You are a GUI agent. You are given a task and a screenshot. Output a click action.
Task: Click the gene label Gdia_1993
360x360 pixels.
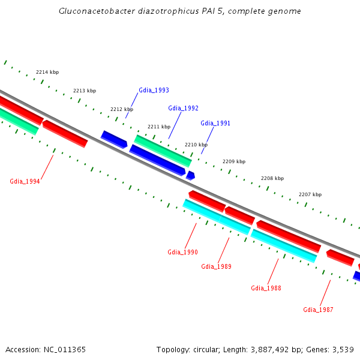click(154, 90)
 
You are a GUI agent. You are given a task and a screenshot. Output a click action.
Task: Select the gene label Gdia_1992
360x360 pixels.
click(183, 108)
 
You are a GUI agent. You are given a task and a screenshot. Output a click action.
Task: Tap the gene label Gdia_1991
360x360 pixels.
click(215, 123)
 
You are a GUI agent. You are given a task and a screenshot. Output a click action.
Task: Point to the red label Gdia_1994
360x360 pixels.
click(25, 181)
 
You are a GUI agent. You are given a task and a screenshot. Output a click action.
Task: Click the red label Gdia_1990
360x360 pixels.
click(182, 252)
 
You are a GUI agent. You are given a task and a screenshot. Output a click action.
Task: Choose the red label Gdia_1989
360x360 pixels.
click(216, 266)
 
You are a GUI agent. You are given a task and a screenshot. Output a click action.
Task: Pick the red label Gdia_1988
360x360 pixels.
click(266, 288)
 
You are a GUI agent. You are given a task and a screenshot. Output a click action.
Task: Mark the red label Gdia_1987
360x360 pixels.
click(318, 310)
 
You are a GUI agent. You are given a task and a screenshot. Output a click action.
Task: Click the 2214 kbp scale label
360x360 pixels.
click(47, 72)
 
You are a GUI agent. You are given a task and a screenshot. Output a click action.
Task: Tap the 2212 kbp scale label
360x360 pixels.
click(122, 109)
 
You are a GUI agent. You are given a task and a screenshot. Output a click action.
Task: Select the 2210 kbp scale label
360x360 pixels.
click(196, 145)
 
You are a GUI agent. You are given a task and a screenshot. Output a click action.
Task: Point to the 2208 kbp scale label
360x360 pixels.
click(272, 178)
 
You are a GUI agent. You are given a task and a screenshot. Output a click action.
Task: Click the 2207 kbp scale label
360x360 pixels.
click(310, 194)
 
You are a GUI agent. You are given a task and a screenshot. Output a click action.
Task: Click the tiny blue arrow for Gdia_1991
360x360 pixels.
click(190, 175)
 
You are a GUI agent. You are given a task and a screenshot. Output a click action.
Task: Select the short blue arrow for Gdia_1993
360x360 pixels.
click(114, 139)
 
